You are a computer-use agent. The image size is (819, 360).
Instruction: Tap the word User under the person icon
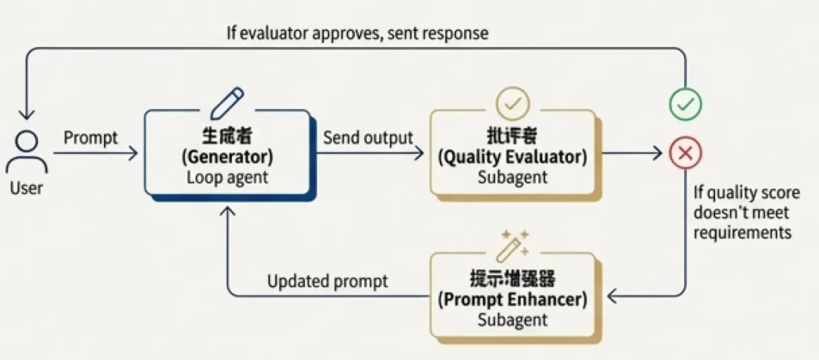(27, 188)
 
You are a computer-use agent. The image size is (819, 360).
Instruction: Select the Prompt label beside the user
(91, 137)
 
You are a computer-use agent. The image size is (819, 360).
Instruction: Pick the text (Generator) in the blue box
(227, 158)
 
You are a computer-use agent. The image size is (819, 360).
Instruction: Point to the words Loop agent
(227, 179)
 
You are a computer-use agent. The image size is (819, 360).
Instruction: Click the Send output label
(368, 137)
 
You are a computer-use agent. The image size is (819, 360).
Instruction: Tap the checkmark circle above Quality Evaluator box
(512, 103)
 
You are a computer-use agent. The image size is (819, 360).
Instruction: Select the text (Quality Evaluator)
(513, 158)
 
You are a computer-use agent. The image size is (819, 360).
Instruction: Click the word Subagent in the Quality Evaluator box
(513, 179)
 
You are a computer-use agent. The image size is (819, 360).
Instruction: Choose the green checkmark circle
(685, 105)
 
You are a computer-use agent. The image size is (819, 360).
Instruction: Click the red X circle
(685, 153)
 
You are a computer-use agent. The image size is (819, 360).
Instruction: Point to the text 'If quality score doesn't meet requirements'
(743, 212)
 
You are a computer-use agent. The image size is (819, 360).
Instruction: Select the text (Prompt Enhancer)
(513, 299)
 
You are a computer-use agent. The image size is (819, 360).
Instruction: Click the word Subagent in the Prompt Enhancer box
(513, 320)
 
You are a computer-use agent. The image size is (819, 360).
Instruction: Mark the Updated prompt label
(328, 281)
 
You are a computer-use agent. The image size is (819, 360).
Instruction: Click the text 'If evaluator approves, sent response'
(357, 33)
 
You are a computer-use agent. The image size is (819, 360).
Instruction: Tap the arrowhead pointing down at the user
(27, 114)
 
